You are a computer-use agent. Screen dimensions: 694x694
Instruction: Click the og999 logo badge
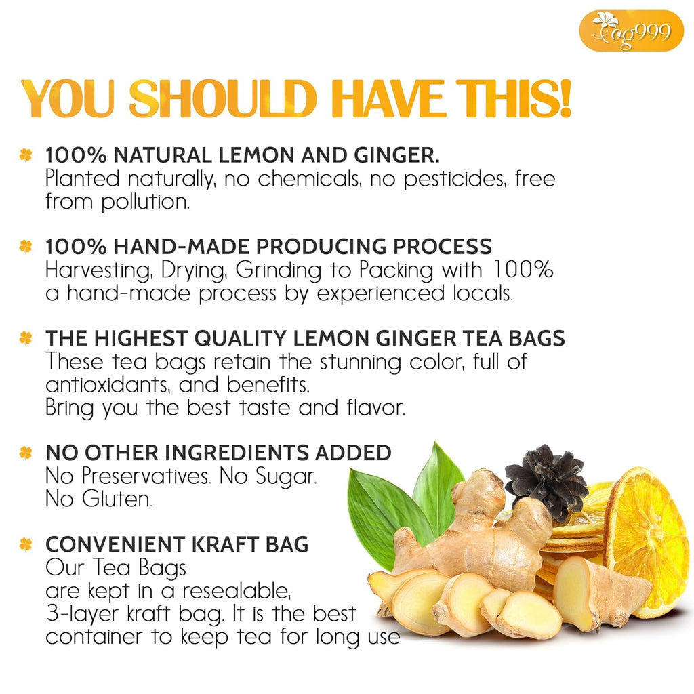(x=631, y=30)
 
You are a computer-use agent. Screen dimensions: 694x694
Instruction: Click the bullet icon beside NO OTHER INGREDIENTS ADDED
(x=26, y=452)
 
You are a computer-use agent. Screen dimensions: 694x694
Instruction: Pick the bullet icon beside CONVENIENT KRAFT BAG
(x=26, y=544)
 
